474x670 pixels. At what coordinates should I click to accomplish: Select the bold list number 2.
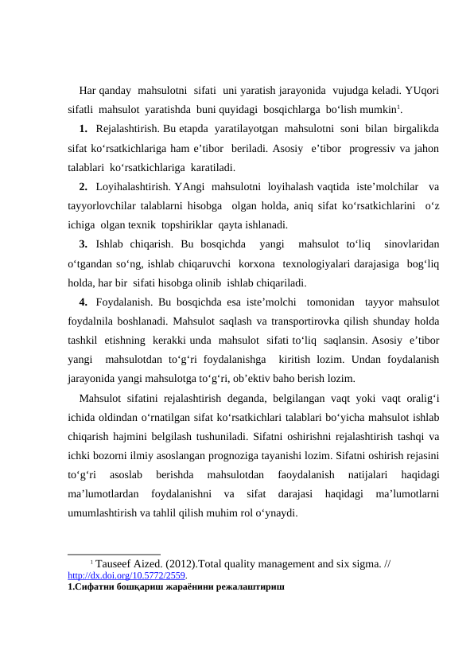(x=84, y=187)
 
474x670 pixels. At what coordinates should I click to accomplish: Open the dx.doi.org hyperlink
(x=127, y=575)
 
